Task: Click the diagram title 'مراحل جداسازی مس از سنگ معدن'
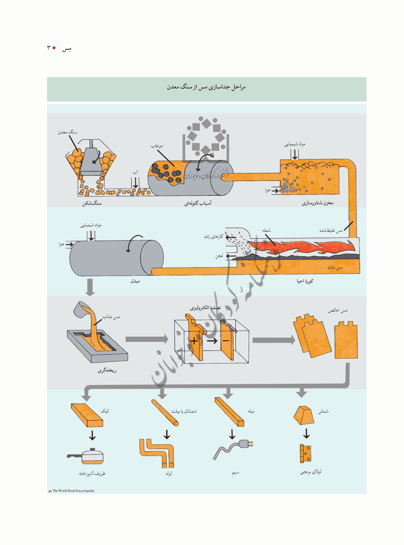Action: (x=206, y=87)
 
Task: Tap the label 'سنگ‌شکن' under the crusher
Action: (x=92, y=203)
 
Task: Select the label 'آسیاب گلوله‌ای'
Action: (x=198, y=203)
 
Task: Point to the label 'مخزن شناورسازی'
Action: (x=318, y=203)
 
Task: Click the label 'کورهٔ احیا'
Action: (x=305, y=281)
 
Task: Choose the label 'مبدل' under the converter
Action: (x=135, y=281)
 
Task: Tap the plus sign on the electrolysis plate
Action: (x=194, y=341)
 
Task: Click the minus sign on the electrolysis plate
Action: (x=226, y=341)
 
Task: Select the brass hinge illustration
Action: (x=305, y=453)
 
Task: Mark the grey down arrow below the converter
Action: (x=90, y=287)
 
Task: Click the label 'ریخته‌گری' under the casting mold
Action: (x=107, y=370)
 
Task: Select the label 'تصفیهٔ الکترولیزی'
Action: (x=205, y=308)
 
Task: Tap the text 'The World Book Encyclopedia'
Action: (x=73, y=491)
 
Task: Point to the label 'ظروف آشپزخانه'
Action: (x=92, y=474)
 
